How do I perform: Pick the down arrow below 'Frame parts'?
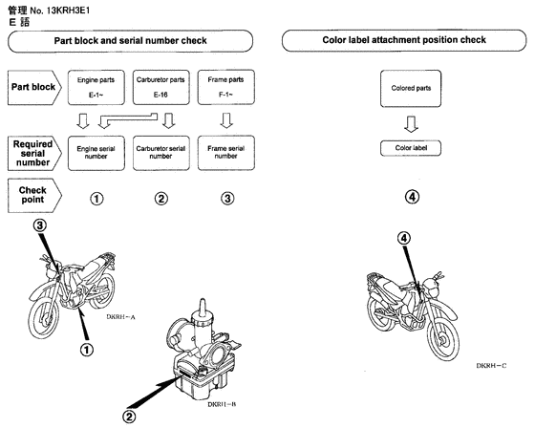coord(226,121)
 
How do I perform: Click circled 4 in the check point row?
coord(411,198)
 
